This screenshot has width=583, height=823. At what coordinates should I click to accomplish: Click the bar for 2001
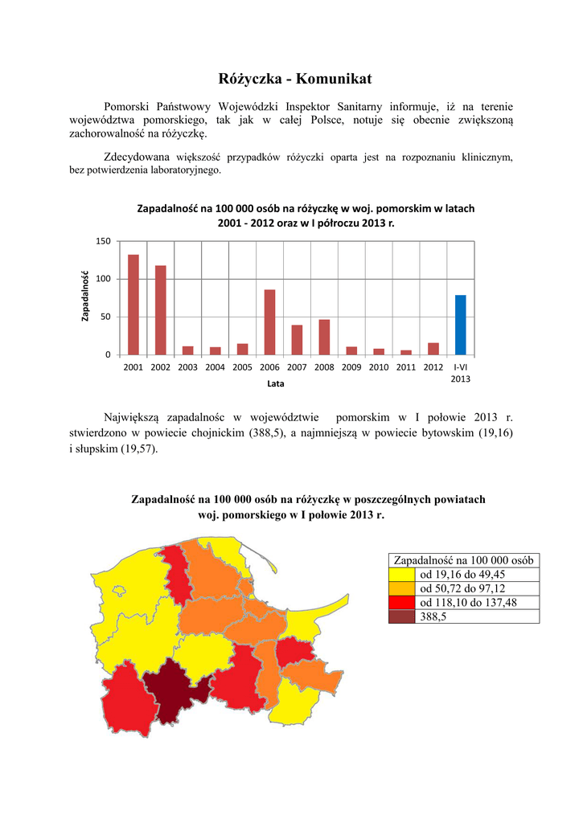coord(133,305)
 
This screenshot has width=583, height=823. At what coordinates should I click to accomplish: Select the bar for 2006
coord(269,322)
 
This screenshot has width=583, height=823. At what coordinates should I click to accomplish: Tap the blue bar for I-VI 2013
coord(460,325)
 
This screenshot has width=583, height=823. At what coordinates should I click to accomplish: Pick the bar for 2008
coord(324,337)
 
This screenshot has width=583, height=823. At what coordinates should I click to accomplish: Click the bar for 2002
coord(161,310)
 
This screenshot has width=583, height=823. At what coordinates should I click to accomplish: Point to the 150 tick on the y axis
coord(103,241)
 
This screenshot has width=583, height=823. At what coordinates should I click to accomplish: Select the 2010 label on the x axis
coord(379,367)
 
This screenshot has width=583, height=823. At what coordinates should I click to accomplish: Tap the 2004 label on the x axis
coord(215,367)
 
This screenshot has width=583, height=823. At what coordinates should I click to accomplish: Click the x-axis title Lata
coord(276,384)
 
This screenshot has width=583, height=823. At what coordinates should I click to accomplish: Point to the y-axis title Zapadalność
coord(84,297)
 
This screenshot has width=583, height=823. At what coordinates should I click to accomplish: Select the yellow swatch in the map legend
coord(402,575)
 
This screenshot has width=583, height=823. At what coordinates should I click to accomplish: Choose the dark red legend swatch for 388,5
coord(402,616)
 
